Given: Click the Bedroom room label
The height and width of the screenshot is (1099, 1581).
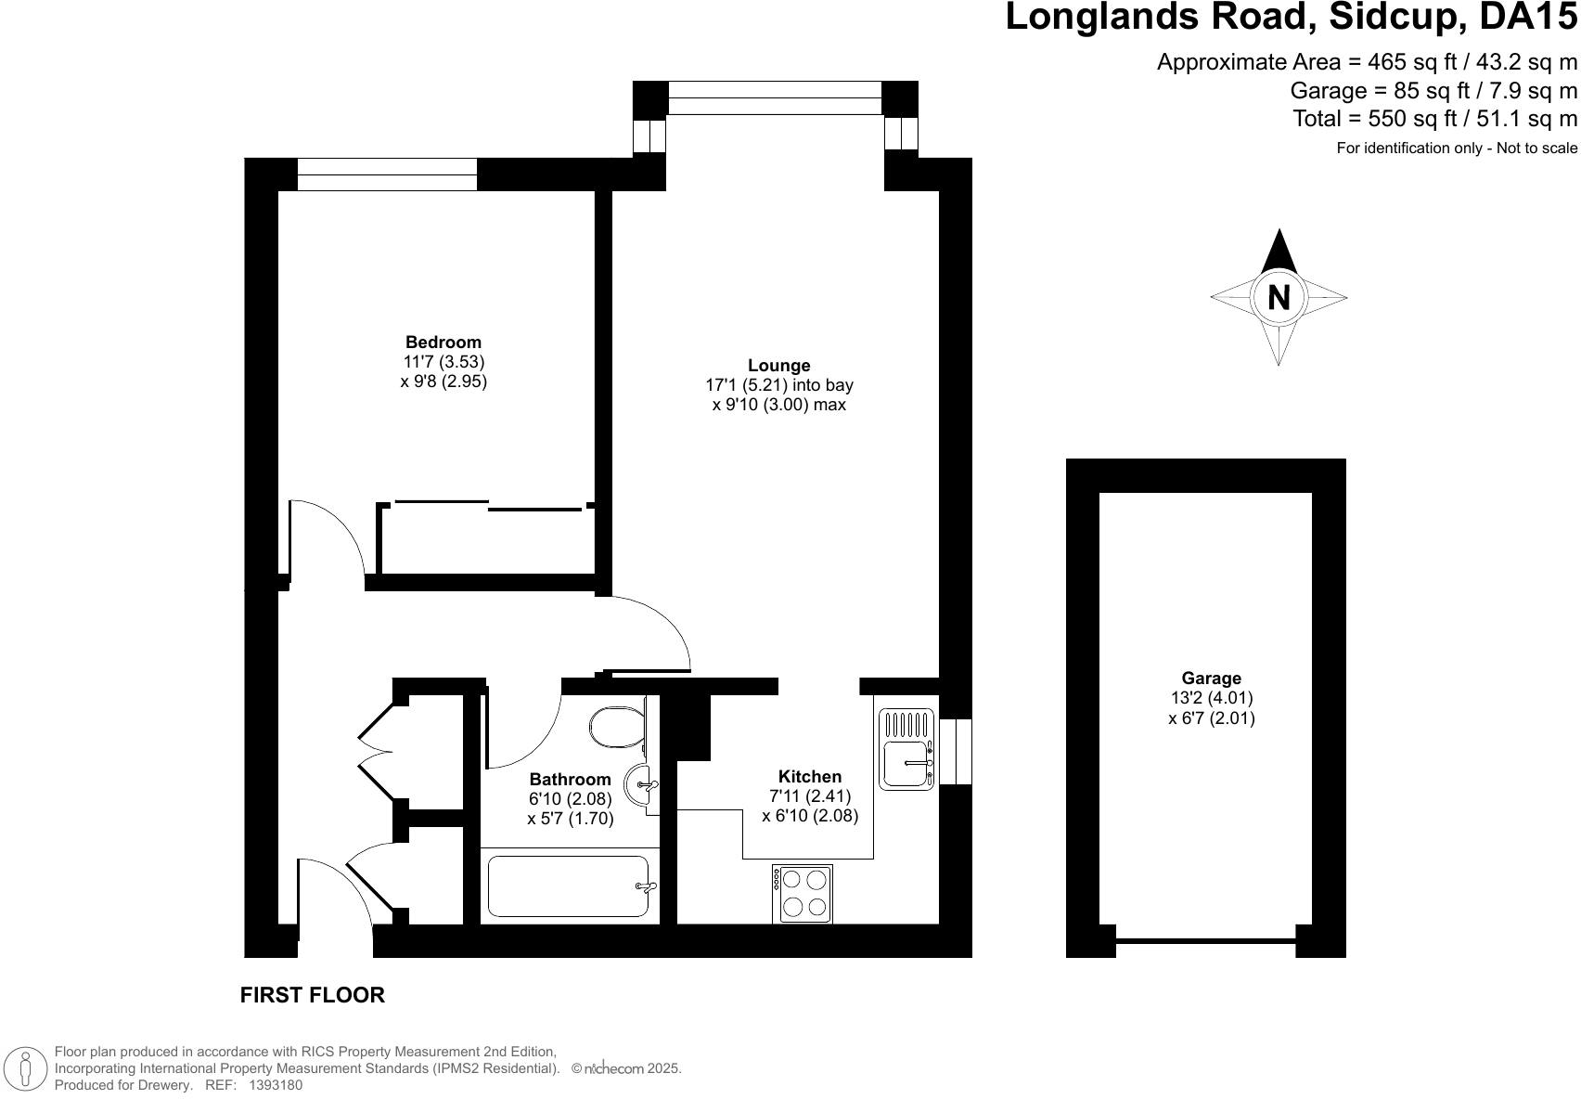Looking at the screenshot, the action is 443,343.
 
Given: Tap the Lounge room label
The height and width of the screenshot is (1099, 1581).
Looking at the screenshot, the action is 779,366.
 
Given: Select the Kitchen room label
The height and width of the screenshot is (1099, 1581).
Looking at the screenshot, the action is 810,777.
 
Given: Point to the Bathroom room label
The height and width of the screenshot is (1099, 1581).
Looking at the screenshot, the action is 571,780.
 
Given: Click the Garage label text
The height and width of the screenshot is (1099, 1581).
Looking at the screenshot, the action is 1211,679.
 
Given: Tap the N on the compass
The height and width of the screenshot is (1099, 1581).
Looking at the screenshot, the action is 1279,298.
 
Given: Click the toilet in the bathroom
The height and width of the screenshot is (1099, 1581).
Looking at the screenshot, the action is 617,728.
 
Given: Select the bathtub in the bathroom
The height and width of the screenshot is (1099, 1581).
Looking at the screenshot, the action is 568,886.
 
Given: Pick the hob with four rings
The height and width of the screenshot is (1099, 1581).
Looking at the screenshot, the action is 803,894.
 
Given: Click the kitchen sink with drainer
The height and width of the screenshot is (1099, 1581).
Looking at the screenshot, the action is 907,749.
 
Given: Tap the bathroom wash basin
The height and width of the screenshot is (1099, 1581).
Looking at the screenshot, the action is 641,784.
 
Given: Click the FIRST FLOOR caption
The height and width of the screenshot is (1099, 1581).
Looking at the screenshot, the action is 313,995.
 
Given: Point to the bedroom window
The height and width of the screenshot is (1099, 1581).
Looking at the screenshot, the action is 387,175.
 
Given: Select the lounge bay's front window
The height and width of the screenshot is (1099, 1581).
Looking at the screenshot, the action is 775,98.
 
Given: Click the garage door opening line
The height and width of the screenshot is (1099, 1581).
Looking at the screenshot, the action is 1205,941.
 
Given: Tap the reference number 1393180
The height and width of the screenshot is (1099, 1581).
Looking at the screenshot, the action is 276,1085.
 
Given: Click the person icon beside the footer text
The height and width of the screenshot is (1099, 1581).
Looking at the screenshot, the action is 26,1068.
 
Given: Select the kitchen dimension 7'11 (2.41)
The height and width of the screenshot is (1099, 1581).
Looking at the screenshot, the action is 810,796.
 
